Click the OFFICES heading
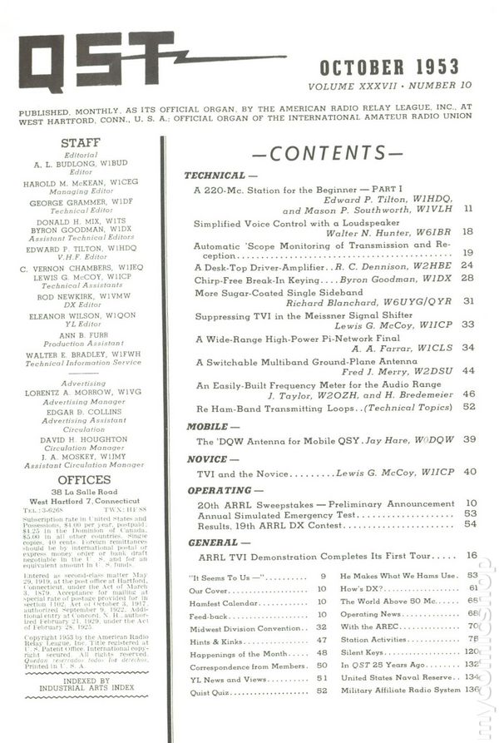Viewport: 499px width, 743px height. pyautogui.click(x=81, y=480)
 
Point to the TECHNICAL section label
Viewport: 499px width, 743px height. pyautogui.click(x=215, y=176)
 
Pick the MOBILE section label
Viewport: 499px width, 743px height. pyautogui.click(x=207, y=425)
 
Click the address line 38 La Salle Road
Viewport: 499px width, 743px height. pyautogui.click(x=81, y=493)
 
